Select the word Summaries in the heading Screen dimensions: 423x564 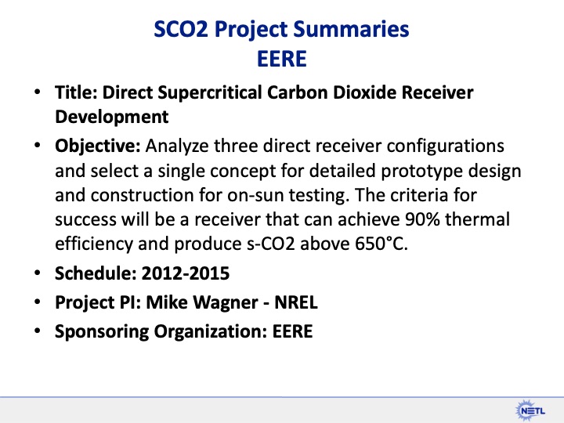tap(356, 31)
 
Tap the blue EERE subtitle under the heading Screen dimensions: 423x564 tap(282, 58)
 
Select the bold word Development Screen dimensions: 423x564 tap(111, 117)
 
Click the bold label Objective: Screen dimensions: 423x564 tap(97, 146)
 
